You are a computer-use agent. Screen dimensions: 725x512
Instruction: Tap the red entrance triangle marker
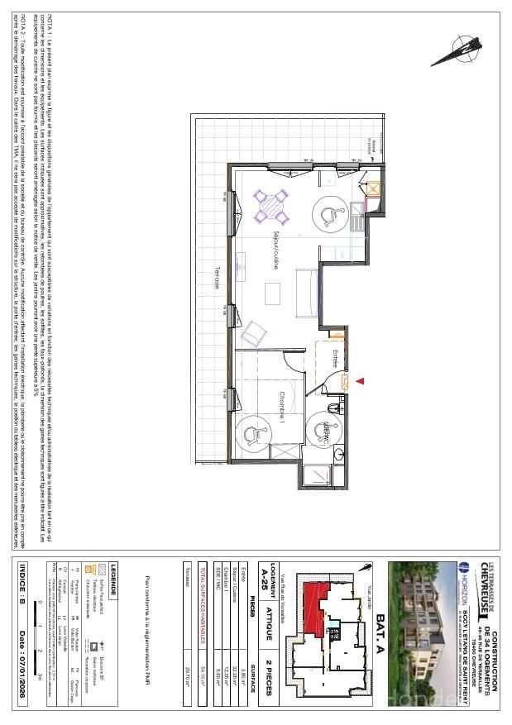(x=361, y=380)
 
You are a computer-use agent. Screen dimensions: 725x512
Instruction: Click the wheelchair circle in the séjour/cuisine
(x=331, y=215)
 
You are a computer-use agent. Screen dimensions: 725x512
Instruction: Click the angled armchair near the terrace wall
(x=253, y=332)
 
